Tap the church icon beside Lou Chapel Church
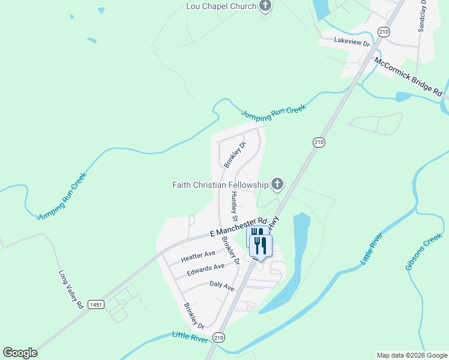tap(265, 7)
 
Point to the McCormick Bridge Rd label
tap(408, 77)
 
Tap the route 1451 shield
tap(95, 304)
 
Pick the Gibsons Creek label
tap(423, 255)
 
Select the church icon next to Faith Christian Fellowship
tap(277, 184)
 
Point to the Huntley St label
tap(234, 205)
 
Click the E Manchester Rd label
tap(238, 227)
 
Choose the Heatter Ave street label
tap(197, 256)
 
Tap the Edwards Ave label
tap(205, 269)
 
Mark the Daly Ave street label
tap(221, 286)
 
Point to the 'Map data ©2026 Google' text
tap(411, 355)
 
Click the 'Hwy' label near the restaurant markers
tap(274, 223)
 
